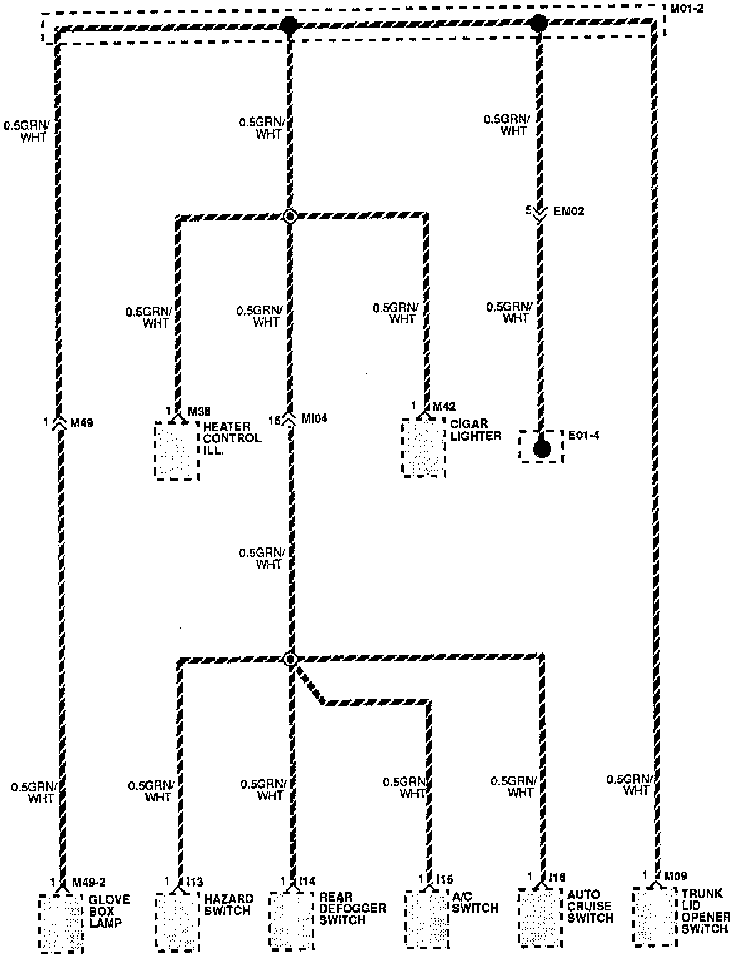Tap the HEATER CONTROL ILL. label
[232, 438]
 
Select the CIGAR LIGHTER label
[476, 430]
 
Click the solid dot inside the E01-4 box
[541, 448]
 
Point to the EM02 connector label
[568, 212]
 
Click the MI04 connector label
[314, 418]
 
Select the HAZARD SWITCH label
[228, 905]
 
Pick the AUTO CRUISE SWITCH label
[590, 907]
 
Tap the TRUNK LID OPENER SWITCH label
[706, 911]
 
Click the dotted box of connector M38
[176, 451]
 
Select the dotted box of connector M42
[424, 448]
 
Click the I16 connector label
[558, 877]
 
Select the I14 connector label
[307, 881]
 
